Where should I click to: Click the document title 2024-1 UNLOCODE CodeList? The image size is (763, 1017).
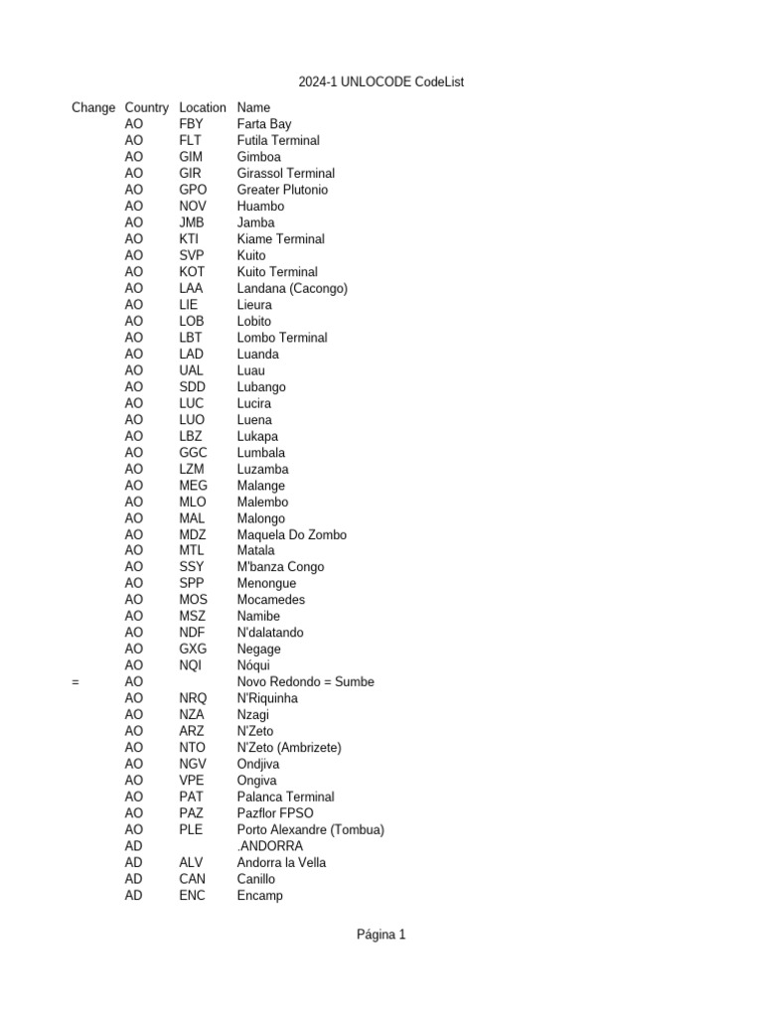pos(381,82)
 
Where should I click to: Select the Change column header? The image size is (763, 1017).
pos(93,107)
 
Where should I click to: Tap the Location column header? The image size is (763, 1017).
pos(203,107)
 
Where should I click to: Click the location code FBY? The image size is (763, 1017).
pos(191,124)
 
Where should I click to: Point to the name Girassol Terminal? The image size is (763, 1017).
pos(286,174)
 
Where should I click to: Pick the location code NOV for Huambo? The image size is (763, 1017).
pos(193,207)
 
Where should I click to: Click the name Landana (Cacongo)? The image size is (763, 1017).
pos(292,289)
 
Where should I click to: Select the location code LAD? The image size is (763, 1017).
pos(192,355)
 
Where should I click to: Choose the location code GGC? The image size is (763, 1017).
pos(194,453)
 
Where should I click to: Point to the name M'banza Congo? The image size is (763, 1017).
pos(280,567)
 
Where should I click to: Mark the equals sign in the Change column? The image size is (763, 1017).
pos(76,682)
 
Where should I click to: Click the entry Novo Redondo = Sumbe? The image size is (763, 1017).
pos(306,682)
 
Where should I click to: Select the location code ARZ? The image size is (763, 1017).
pos(192,731)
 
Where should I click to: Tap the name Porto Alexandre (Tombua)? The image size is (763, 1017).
pos(310,829)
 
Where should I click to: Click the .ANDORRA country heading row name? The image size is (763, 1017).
pos(270,846)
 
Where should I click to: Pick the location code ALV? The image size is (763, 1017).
pos(192,862)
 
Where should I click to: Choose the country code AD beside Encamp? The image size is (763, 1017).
pos(134,895)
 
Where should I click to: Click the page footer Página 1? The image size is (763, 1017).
pos(381,935)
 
